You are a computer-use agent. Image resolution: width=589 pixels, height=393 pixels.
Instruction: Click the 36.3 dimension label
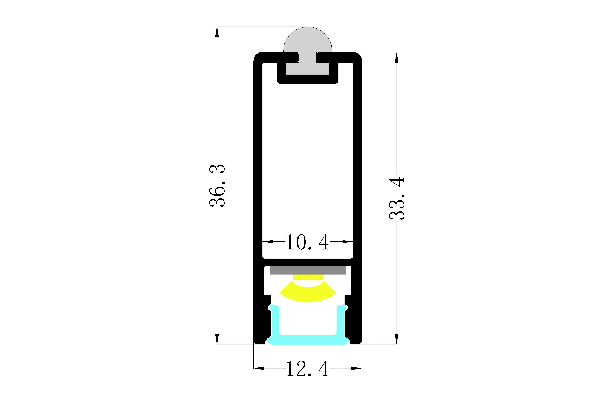[x=217, y=185]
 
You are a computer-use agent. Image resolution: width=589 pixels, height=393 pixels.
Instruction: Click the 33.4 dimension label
[x=397, y=198]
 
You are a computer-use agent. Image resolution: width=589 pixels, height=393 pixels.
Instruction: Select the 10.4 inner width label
[x=307, y=242]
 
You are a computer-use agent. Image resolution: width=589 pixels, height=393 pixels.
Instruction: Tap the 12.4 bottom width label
[x=307, y=376]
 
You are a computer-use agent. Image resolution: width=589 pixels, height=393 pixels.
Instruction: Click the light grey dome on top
[x=307, y=40]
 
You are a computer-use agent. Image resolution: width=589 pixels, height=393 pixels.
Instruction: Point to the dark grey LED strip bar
[x=307, y=270]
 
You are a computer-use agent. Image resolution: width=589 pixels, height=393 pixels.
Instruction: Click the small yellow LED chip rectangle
[x=308, y=277]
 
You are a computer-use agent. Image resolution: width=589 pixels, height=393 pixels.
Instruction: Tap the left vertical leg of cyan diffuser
[x=275, y=321]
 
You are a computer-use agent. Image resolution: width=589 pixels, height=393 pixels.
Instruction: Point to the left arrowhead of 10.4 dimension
[x=267, y=242]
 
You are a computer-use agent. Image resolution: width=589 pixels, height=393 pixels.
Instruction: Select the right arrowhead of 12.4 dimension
[x=357, y=375]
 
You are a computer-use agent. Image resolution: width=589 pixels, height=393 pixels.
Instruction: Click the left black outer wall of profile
[x=258, y=175]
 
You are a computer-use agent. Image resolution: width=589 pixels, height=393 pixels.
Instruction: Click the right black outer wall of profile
[x=357, y=175]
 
